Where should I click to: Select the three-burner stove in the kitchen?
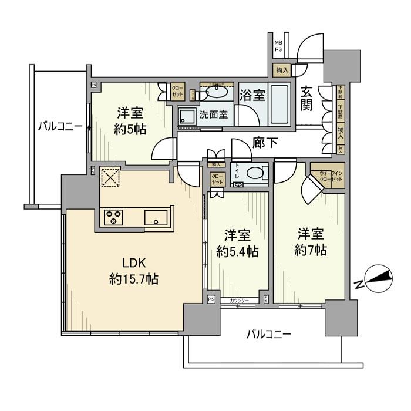(113, 218)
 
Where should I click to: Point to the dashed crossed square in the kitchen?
(109, 177)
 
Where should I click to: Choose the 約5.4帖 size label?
(237, 252)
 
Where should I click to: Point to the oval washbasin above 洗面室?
(218, 92)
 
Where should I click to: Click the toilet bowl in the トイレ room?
(254, 173)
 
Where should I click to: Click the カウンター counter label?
(239, 301)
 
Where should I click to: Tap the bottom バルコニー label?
(268, 335)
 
